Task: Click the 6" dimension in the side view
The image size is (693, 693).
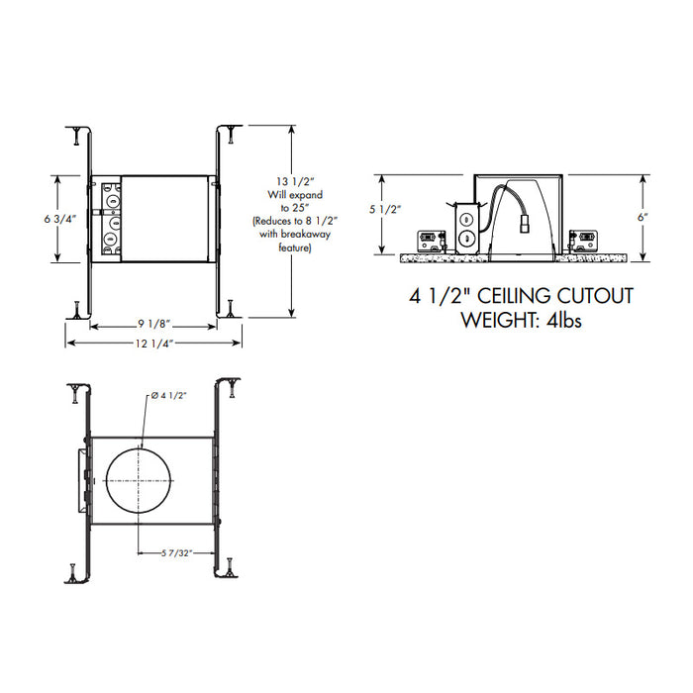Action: pyautogui.click(x=643, y=215)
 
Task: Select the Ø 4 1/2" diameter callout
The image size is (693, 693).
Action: pyautogui.click(x=168, y=395)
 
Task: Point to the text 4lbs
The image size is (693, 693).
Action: pyautogui.click(x=568, y=320)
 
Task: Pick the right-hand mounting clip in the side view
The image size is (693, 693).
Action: pyautogui.click(x=586, y=238)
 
